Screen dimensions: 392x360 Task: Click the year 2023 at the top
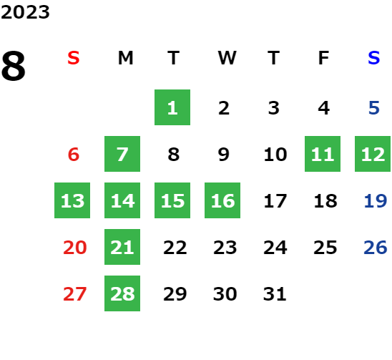(25, 12)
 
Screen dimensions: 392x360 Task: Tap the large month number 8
(14, 66)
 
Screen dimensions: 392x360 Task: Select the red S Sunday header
(74, 58)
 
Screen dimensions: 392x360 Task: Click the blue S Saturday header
(373, 58)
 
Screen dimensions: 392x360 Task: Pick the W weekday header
(227, 58)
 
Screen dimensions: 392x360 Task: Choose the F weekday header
(323, 58)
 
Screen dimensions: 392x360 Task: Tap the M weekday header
(125, 58)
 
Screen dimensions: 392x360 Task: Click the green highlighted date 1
(172, 107)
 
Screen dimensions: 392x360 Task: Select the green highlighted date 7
(122, 154)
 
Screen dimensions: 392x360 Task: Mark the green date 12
(373, 154)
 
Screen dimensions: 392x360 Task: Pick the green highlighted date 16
(222, 200)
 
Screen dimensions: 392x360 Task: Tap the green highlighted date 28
(122, 293)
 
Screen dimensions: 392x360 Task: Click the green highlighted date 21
(122, 247)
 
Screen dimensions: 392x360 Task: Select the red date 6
(74, 154)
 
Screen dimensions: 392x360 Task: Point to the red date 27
(74, 293)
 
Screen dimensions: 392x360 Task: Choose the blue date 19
(376, 200)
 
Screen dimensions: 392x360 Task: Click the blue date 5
(374, 108)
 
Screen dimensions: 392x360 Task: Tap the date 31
(275, 293)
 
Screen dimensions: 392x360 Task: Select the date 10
(275, 154)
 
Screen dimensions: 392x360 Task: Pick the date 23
(225, 248)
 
